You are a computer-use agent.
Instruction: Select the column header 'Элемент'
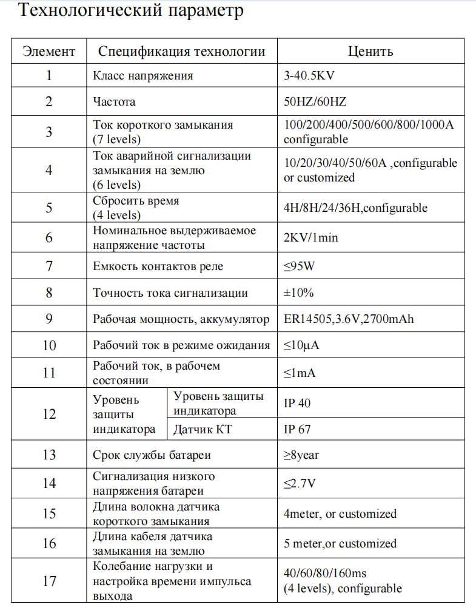(49, 52)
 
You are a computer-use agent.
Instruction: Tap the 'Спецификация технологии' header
(181, 52)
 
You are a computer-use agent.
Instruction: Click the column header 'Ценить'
(370, 52)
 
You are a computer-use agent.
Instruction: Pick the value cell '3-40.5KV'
(309, 76)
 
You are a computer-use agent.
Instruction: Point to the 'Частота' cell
(114, 102)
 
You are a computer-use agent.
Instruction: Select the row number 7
(49, 266)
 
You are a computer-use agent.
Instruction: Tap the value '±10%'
(299, 293)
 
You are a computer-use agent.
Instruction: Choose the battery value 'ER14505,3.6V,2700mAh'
(349, 319)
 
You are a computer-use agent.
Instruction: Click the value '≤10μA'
(301, 346)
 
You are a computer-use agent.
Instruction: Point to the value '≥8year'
(301, 455)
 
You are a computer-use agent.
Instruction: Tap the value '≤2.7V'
(300, 484)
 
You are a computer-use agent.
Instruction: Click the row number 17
(49, 580)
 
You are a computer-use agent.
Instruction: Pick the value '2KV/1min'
(310, 237)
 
